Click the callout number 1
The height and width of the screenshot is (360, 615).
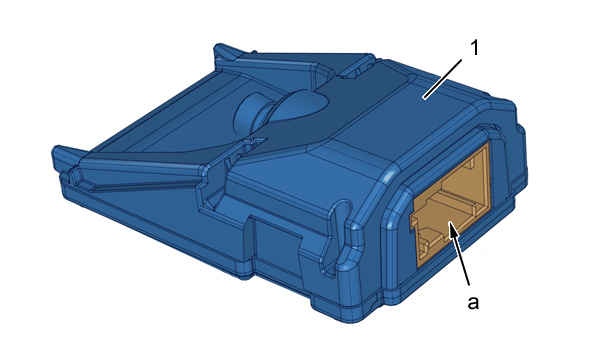click(475, 48)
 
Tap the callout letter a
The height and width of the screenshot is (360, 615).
click(473, 303)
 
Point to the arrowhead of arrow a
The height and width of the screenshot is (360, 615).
click(452, 230)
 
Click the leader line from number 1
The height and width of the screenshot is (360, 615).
click(443, 78)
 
